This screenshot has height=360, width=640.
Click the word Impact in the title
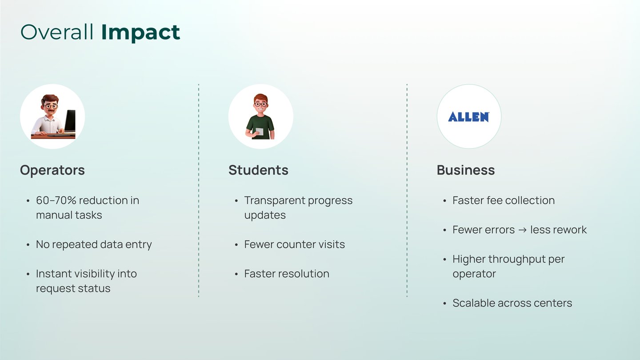pyautogui.click(x=140, y=33)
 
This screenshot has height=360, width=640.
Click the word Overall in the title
pyautogui.click(x=57, y=32)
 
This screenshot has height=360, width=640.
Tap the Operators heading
pyautogui.click(x=52, y=170)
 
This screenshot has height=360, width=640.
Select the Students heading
pyautogui.click(x=258, y=170)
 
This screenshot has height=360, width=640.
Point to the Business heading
pyautogui.click(x=466, y=170)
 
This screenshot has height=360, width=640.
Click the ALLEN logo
pyautogui.click(x=468, y=117)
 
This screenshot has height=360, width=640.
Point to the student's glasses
pyautogui.click(x=260, y=104)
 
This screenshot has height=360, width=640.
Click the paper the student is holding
pyautogui.click(x=260, y=132)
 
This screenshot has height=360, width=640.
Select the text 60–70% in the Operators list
pyautogui.click(x=56, y=200)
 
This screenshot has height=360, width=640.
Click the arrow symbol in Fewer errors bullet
pyautogui.click(x=522, y=230)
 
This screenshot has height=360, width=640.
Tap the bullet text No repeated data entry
pyautogui.click(x=94, y=244)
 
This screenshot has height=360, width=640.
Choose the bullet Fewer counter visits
pyautogui.click(x=294, y=244)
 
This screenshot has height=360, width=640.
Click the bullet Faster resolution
pyautogui.click(x=287, y=274)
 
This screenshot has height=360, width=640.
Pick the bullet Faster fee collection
pyautogui.click(x=504, y=200)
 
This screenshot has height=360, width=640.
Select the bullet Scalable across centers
pyautogui.click(x=512, y=303)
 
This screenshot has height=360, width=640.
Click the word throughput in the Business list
pyautogui.click(x=516, y=260)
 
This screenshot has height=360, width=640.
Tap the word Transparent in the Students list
pyautogui.click(x=275, y=201)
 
